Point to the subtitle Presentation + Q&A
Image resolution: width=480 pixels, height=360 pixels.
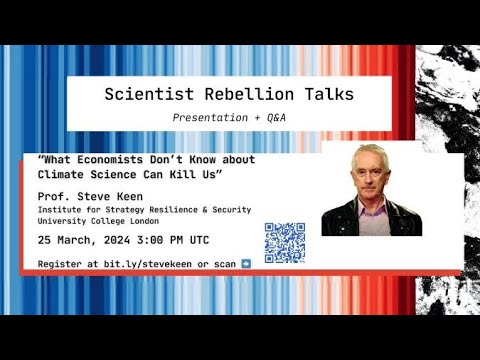239,117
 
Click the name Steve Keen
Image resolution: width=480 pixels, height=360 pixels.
109,196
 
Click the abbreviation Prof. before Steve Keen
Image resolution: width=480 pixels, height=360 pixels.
54,196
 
